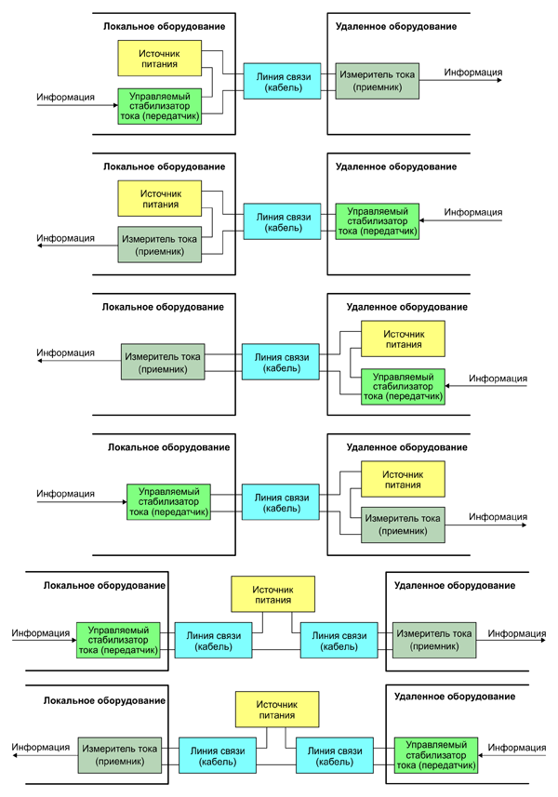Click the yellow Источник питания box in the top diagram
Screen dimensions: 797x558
(x=160, y=58)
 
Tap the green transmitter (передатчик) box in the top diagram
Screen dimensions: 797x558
(x=160, y=106)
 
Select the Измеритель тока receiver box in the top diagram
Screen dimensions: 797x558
(x=378, y=80)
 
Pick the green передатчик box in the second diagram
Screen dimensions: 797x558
(x=378, y=221)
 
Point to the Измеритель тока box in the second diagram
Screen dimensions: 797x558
(x=160, y=245)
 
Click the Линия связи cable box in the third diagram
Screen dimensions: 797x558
(x=283, y=360)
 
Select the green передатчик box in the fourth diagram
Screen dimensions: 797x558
(x=168, y=501)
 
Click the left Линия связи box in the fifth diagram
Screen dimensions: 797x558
(x=214, y=641)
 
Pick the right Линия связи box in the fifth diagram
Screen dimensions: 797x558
(x=339, y=641)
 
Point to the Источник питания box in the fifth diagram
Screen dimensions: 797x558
(x=273, y=594)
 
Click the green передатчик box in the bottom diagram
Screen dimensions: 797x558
(x=436, y=756)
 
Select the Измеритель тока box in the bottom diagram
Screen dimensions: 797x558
(x=117, y=754)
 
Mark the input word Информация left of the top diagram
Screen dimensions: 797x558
(x=65, y=96)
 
